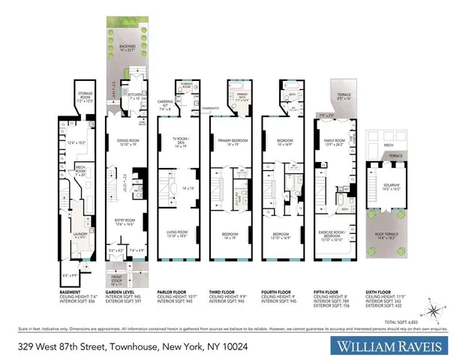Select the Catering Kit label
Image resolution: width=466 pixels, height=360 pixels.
tap(167, 106)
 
